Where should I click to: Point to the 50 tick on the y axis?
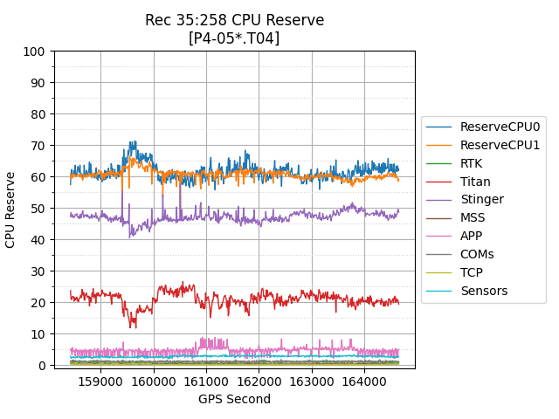click(x=38, y=209)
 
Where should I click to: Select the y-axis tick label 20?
click(x=38, y=303)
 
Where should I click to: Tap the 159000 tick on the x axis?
click(x=100, y=381)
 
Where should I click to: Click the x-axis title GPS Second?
click(x=234, y=399)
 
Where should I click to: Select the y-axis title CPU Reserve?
click(x=11, y=209)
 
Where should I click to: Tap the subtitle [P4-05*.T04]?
click(x=234, y=38)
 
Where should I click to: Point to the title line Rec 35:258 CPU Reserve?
click(x=234, y=20)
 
